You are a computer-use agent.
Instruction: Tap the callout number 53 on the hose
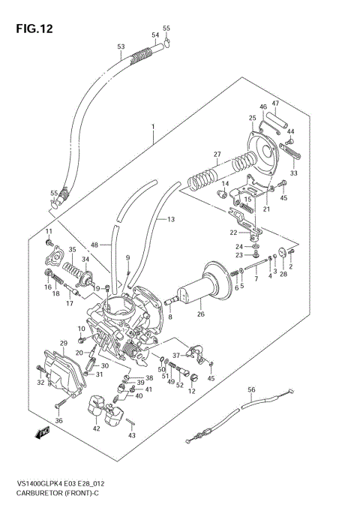[121, 47]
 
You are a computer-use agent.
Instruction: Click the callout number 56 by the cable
[252, 389]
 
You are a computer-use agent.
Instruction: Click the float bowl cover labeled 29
[59, 365]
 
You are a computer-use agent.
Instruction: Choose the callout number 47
[274, 103]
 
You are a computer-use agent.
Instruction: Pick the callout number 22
[232, 233]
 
